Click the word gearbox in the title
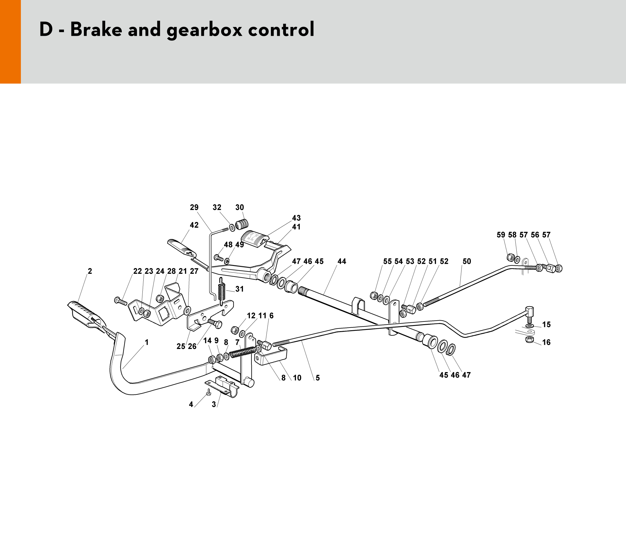pyautogui.click(x=205, y=30)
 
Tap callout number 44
pyautogui.click(x=341, y=261)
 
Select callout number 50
pyautogui.click(x=467, y=261)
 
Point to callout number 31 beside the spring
pyautogui.click(x=239, y=289)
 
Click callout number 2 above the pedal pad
pyautogui.click(x=90, y=271)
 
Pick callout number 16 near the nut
pyautogui.click(x=546, y=342)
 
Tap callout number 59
pyautogui.click(x=501, y=235)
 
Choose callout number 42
pyautogui.click(x=194, y=225)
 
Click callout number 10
pyautogui.click(x=297, y=378)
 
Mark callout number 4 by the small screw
pyautogui.click(x=191, y=404)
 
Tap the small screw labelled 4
pyautogui.click(x=208, y=392)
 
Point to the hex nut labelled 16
pyautogui.click(x=529, y=340)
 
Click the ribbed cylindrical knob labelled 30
pyautogui.click(x=242, y=225)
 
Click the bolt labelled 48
pyautogui.click(x=218, y=258)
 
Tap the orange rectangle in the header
pyautogui.click(x=10, y=42)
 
